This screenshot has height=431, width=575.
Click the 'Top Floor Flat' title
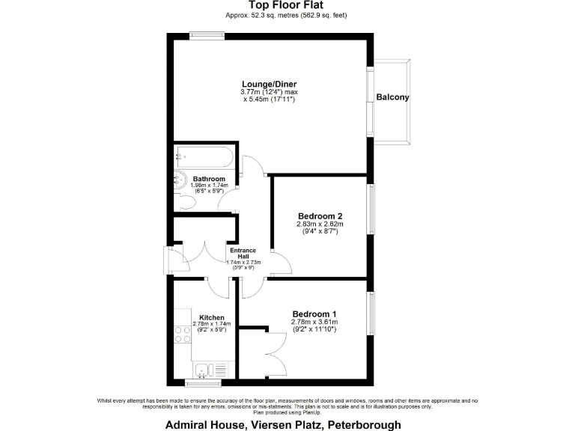click(287, 5)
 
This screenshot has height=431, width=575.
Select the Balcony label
click(392, 97)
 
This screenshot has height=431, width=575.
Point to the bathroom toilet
click(186, 200)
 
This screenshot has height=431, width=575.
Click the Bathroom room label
click(209, 180)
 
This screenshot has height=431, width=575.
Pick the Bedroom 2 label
click(320, 215)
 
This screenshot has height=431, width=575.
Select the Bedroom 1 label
click(314, 314)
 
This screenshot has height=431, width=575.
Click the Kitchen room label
click(212, 317)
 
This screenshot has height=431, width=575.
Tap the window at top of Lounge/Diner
click(207, 34)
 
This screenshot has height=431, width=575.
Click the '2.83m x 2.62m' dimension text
click(320, 224)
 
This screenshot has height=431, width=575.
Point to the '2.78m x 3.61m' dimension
click(314, 322)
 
